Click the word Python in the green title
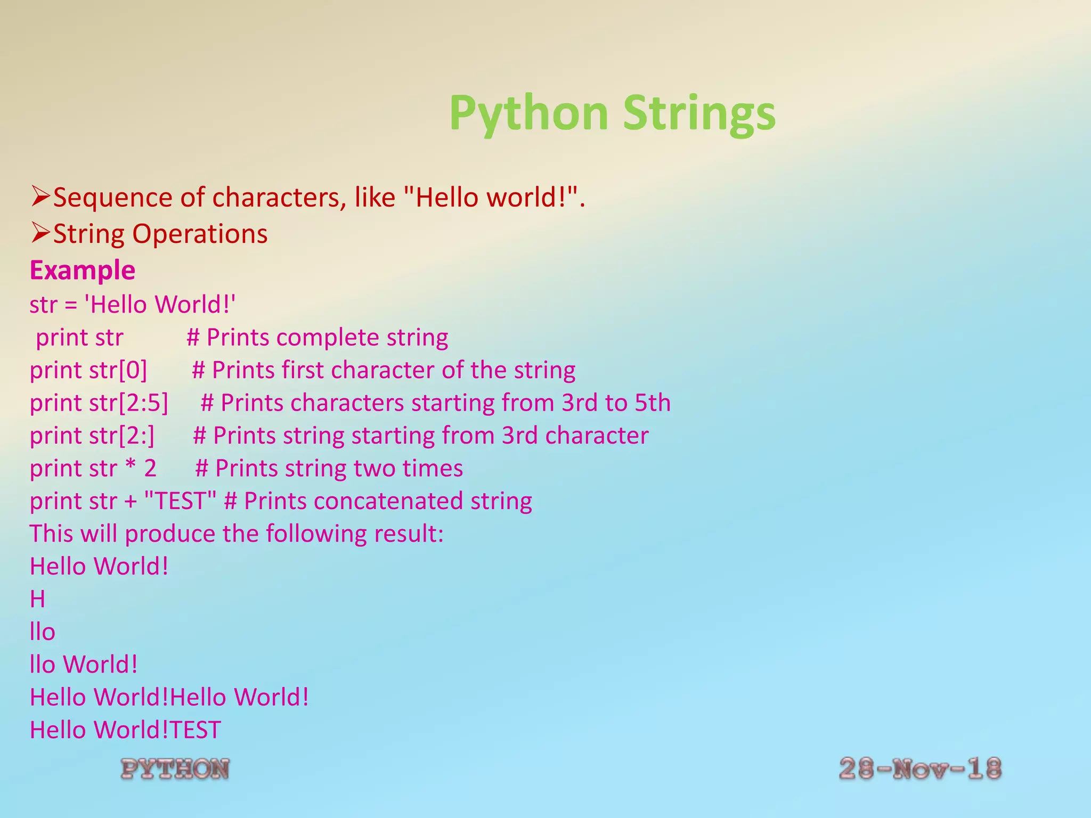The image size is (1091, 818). pos(528,113)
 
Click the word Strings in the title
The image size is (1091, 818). pos(699,113)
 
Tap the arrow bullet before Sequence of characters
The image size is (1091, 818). pos(40,197)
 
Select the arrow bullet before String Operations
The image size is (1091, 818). pos(40,233)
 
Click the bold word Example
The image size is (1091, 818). pos(83,270)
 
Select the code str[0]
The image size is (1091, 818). pos(118,370)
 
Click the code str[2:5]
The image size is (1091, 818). pos(128,403)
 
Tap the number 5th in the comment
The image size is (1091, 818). pos(652,403)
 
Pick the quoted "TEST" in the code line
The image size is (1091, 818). pos(180,501)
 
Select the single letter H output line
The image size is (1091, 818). pos(37,599)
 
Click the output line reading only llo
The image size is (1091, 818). pos(43,632)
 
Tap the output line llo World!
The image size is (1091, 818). pos(84,665)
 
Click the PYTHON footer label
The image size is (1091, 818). pos(175,769)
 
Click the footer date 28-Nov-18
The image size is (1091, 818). pos(920,769)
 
